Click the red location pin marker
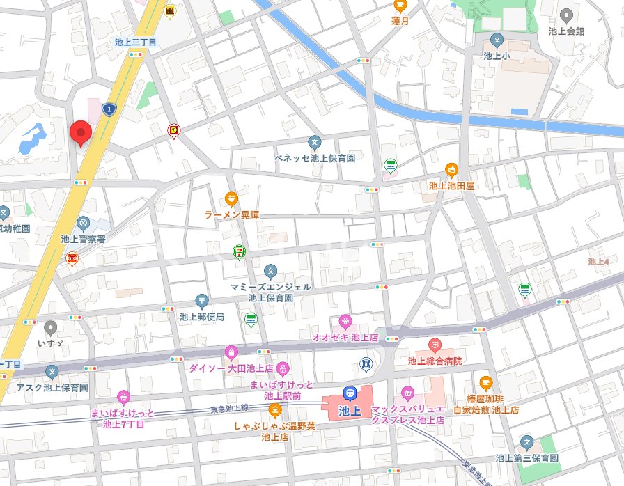coord(81,132)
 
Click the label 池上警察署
coord(83,239)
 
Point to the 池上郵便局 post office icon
coord(202,301)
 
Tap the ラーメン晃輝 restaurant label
coord(232,215)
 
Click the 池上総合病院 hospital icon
coord(435,345)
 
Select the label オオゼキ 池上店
coord(345,337)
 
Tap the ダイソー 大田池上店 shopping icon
coord(231,352)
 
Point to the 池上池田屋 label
coord(451,186)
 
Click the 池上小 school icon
coord(497,40)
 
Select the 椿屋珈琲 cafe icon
coord(485,382)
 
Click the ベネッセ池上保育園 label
coord(314,158)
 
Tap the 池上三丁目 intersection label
coord(136,42)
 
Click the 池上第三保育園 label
coord(526,458)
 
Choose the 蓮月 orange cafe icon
coord(400,6)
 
